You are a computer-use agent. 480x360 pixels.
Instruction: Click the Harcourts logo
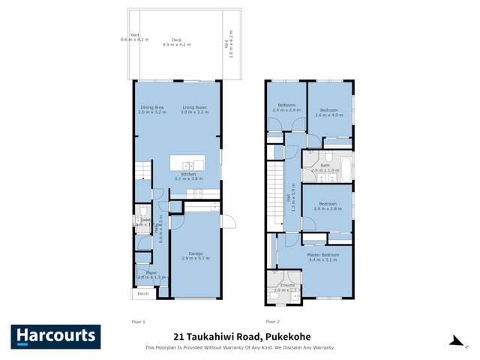(x=55, y=336)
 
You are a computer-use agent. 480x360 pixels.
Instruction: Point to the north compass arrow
(x=455, y=341)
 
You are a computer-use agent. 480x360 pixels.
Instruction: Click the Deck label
(x=176, y=40)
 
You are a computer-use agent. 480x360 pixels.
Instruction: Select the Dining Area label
(x=152, y=107)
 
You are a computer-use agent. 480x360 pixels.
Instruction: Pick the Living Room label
(x=194, y=107)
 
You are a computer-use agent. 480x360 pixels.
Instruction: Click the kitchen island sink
(x=187, y=165)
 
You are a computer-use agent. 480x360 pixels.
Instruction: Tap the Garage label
(x=196, y=253)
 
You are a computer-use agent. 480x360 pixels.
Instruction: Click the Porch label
(x=142, y=293)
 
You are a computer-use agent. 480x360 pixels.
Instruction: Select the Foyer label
(x=151, y=273)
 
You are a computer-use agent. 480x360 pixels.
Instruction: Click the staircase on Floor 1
(x=142, y=171)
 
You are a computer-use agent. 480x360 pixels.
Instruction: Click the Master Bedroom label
(x=323, y=254)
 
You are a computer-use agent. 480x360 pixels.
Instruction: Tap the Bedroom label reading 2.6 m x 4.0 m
(x=329, y=111)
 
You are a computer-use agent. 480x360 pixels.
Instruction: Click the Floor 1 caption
(x=139, y=320)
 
